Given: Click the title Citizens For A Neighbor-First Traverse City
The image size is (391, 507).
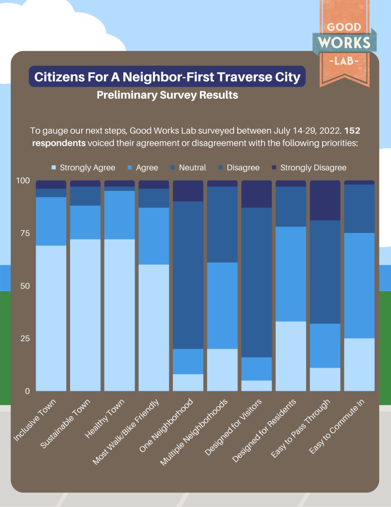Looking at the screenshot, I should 167,77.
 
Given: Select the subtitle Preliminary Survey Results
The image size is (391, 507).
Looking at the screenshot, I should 167,95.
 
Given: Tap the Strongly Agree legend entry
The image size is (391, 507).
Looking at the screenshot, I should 84,168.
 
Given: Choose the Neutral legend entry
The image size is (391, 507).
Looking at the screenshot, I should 188,168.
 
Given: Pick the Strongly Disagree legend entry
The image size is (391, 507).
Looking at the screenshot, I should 309,168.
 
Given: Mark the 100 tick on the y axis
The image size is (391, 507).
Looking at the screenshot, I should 23,180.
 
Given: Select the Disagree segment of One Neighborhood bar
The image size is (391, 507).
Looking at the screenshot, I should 188,275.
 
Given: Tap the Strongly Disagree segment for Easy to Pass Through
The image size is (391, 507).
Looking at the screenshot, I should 325,200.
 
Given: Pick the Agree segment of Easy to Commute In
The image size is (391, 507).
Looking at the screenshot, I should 359,285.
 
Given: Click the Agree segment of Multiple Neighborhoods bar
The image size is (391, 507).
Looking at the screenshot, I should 222,305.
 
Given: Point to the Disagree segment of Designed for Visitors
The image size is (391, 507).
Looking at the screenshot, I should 256,282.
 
